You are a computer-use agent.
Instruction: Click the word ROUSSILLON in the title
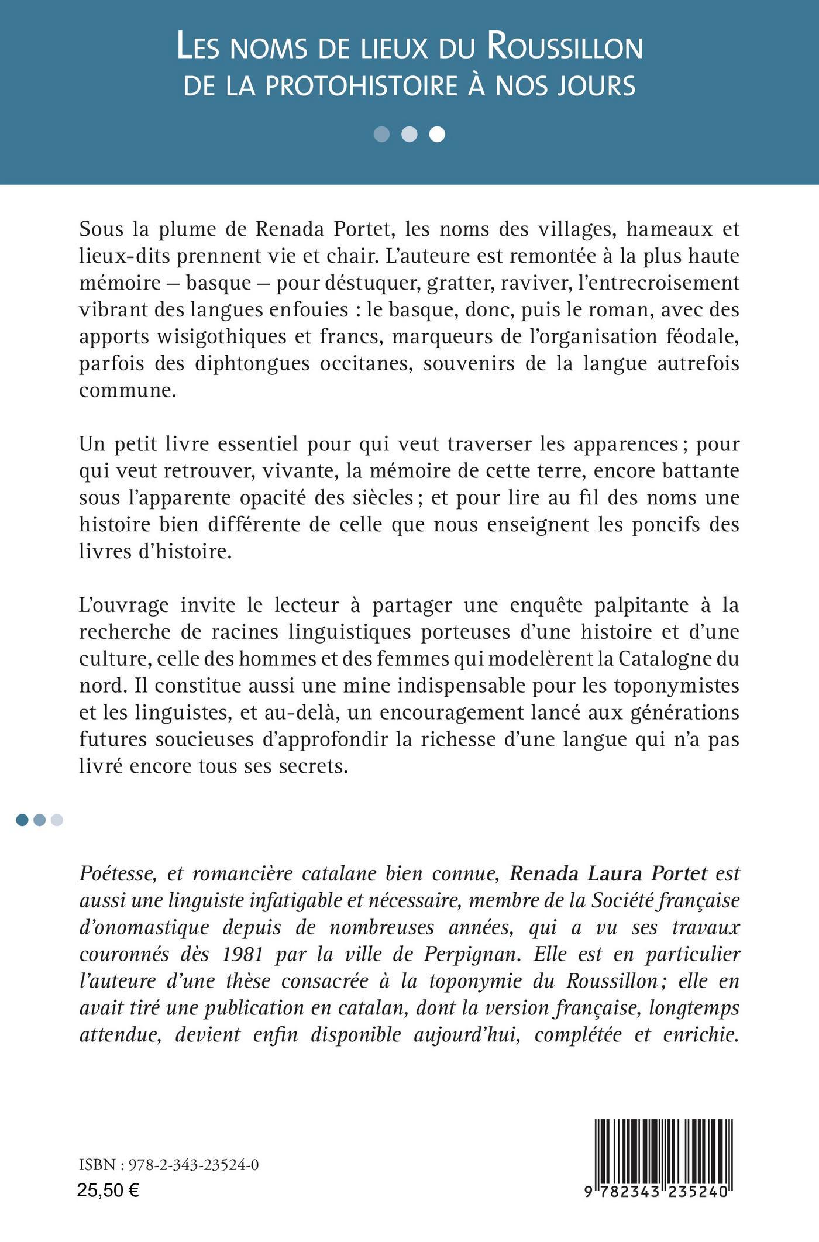[x=565, y=47]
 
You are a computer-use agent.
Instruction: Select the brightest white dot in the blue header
[x=437, y=135]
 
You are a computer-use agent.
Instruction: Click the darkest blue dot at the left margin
[x=22, y=820]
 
